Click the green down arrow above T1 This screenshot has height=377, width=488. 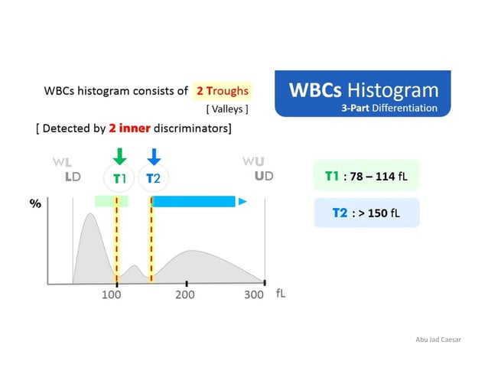tap(119, 155)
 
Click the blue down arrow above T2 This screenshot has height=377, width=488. tap(154, 155)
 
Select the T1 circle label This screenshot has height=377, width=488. tap(119, 178)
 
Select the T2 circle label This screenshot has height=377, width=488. tap(153, 178)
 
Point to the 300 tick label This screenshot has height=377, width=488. tap(253, 294)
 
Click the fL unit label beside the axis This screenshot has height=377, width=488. tap(281, 294)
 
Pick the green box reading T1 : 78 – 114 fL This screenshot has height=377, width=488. tap(366, 176)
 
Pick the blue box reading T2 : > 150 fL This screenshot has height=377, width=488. tap(366, 213)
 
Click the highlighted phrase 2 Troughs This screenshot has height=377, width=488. tap(222, 91)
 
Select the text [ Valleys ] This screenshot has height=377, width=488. tap(226, 109)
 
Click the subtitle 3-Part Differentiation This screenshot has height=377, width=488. tap(389, 108)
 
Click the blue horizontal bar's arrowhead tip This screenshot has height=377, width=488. tap(242, 202)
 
